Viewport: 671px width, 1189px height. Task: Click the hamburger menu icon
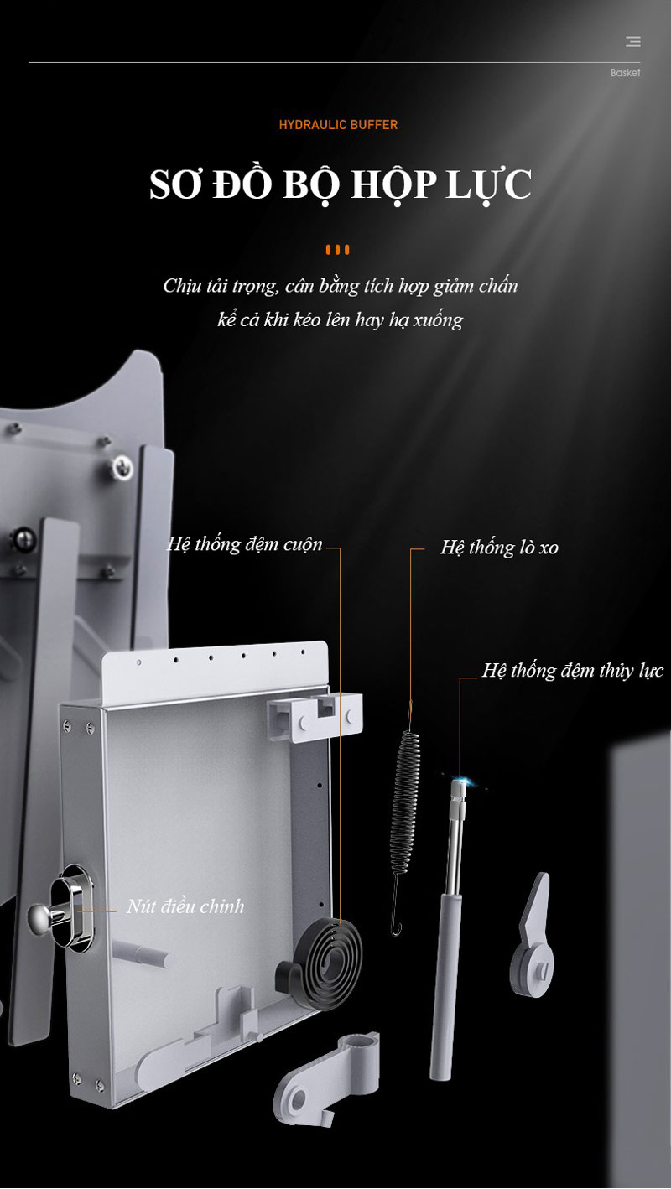pyautogui.click(x=632, y=41)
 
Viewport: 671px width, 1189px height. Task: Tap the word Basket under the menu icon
pyautogui.click(x=625, y=73)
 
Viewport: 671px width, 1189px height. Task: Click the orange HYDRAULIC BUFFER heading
pyautogui.click(x=338, y=125)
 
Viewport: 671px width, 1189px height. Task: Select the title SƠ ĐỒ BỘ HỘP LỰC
pyautogui.click(x=341, y=184)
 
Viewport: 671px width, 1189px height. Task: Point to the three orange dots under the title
pyautogui.click(x=338, y=250)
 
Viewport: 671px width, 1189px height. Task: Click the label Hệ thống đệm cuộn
pyautogui.click(x=245, y=544)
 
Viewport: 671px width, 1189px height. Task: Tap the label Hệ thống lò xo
pyautogui.click(x=499, y=548)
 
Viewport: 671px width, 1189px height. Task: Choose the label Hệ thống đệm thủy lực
pyautogui.click(x=573, y=671)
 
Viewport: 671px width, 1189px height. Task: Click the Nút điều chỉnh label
pyautogui.click(x=185, y=906)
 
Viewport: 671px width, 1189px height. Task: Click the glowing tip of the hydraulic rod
pyautogui.click(x=459, y=781)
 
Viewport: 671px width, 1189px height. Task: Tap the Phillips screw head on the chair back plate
pyautogui.click(x=122, y=467)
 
